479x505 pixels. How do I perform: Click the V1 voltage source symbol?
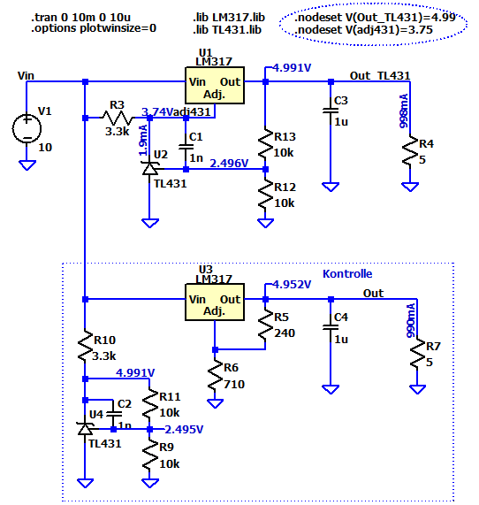27,128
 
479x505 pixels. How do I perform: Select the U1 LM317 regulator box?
215,86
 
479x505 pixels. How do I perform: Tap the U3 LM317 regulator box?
215,302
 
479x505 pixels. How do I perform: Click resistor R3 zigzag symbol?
118,118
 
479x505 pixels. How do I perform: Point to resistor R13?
265,143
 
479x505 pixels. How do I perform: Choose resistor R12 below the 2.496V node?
265,194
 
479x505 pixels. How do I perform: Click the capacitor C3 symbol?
331,111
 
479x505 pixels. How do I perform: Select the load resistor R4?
410,151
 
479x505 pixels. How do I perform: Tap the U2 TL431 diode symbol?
149,168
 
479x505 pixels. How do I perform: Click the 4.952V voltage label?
292,285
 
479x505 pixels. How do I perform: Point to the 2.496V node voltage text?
229,164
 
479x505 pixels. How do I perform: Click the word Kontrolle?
347,274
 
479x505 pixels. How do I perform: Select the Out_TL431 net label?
380,76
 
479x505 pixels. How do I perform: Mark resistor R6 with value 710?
215,376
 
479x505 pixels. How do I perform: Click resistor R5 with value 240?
265,325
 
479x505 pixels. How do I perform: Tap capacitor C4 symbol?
331,327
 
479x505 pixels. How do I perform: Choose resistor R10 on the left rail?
85,346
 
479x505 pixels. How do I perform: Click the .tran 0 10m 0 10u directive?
80,17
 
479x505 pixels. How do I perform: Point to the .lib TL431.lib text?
227,30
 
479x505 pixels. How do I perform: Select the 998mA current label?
404,111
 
